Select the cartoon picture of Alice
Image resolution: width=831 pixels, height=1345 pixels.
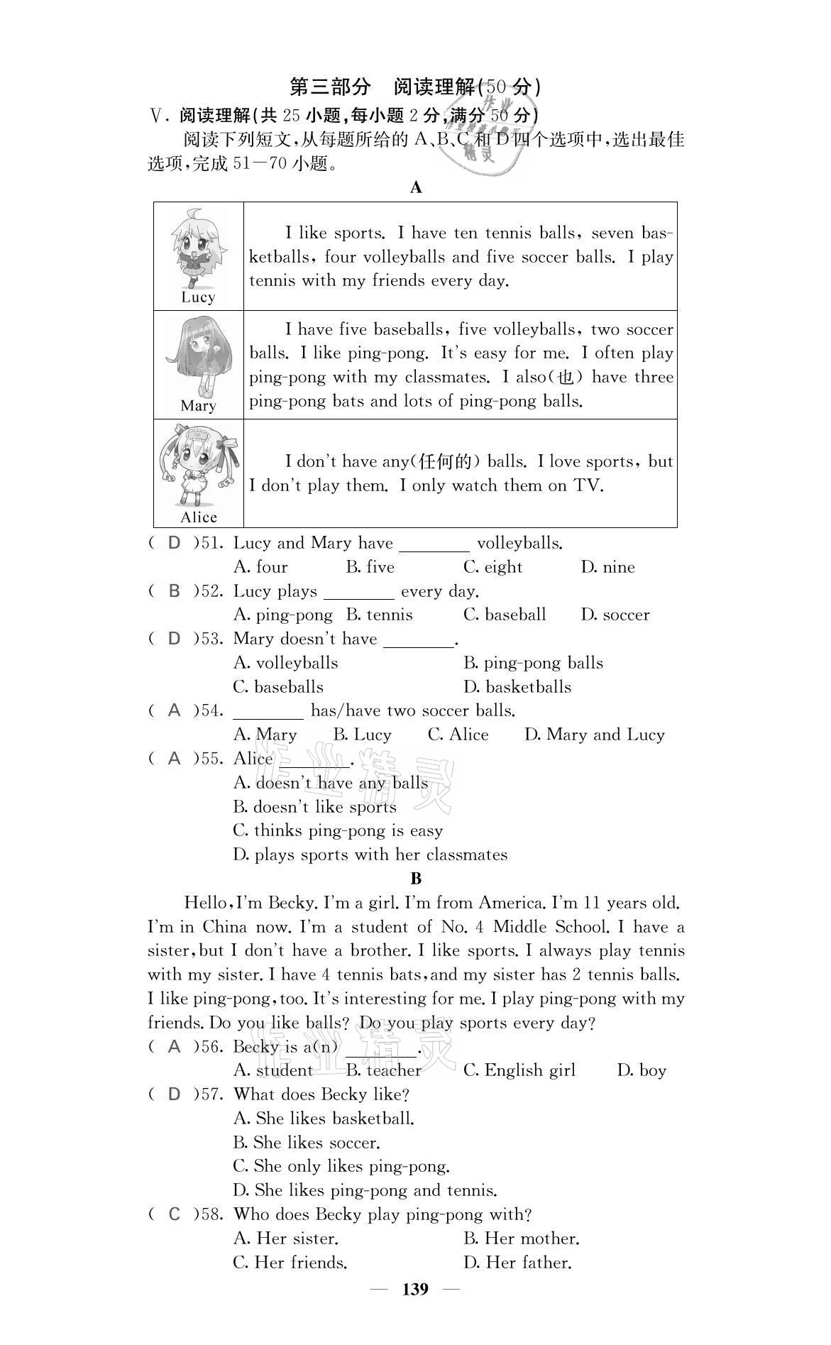point(198,464)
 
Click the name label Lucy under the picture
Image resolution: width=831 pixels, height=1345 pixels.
point(198,297)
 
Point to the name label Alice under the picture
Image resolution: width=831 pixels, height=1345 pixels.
point(199,517)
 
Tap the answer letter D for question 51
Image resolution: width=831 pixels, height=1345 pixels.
point(174,543)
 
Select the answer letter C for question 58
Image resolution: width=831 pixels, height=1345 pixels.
point(174,1214)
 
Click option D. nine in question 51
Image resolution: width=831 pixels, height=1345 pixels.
point(607,567)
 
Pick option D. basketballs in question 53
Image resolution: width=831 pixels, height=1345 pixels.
point(517,687)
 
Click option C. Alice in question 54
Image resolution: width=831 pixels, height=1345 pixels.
point(458,735)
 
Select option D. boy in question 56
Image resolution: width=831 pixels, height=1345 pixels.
point(642,1070)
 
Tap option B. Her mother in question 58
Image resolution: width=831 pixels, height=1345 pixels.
point(521,1239)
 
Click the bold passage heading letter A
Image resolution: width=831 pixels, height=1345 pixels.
point(416,187)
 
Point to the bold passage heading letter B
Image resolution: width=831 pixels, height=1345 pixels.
point(416,879)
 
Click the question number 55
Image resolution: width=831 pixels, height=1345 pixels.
point(211,759)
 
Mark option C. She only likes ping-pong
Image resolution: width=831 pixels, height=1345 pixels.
point(341,1166)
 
